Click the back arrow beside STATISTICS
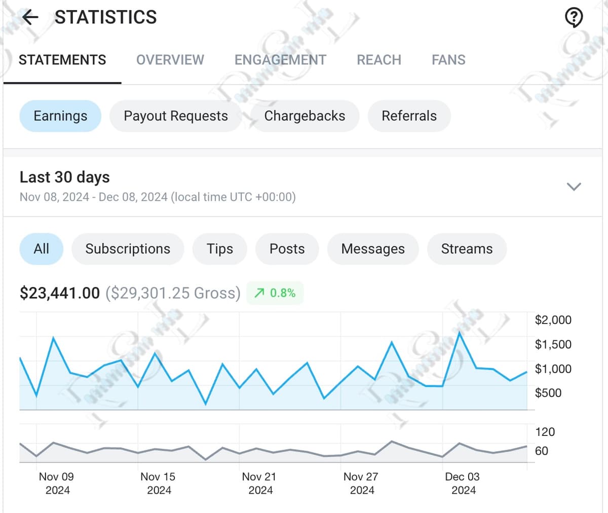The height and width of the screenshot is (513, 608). pyautogui.click(x=30, y=18)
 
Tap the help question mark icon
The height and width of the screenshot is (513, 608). pyautogui.click(x=574, y=18)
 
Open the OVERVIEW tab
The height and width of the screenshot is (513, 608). pyautogui.click(x=170, y=60)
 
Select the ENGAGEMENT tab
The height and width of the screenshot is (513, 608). pyautogui.click(x=280, y=60)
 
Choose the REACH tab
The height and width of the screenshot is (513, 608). pyautogui.click(x=379, y=60)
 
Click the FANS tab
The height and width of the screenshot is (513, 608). pyautogui.click(x=448, y=60)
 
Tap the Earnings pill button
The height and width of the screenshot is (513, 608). pyautogui.click(x=60, y=116)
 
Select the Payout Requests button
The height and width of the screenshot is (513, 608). pyautogui.click(x=176, y=116)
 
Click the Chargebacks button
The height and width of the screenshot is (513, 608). pyautogui.click(x=305, y=116)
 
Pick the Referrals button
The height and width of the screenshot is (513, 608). pyautogui.click(x=409, y=116)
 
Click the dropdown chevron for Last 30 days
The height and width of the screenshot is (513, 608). pyautogui.click(x=574, y=187)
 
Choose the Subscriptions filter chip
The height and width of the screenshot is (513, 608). pyautogui.click(x=128, y=249)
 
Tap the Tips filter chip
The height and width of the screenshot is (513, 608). pyautogui.click(x=220, y=249)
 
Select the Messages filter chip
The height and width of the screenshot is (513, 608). pyautogui.click(x=373, y=249)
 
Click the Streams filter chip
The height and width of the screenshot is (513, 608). pyautogui.click(x=467, y=249)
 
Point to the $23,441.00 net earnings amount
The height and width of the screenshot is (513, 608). pyautogui.click(x=60, y=293)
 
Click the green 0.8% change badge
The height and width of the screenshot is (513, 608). pyautogui.click(x=275, y=293)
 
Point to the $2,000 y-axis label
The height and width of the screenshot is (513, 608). pyautogui.click(x=553, y=320)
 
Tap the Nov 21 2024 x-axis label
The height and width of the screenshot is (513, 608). pyautogui.click(x=259, y=483)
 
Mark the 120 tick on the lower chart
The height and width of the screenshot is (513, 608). pyautogui.click(x=545, y=432)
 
